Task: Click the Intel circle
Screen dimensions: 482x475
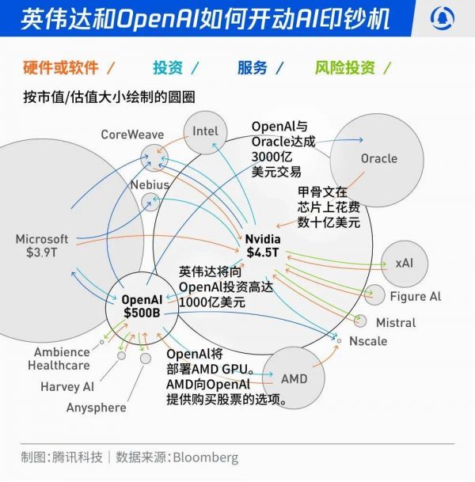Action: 204,132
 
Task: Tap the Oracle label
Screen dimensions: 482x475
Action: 378,158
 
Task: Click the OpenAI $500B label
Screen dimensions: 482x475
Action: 142,306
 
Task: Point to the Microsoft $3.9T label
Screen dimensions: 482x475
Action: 42,245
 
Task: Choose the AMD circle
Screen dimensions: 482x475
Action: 293,378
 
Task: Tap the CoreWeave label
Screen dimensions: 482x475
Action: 132,135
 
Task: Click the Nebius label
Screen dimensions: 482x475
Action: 150,184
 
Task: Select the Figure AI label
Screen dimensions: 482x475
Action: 415,297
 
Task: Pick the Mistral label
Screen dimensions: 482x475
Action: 395,323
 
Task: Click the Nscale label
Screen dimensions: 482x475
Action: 368,342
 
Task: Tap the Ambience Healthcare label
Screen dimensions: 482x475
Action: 59,359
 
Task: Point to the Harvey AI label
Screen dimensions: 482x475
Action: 66,387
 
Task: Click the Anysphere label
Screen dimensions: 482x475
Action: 96,408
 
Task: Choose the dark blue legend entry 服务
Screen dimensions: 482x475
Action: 251,67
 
